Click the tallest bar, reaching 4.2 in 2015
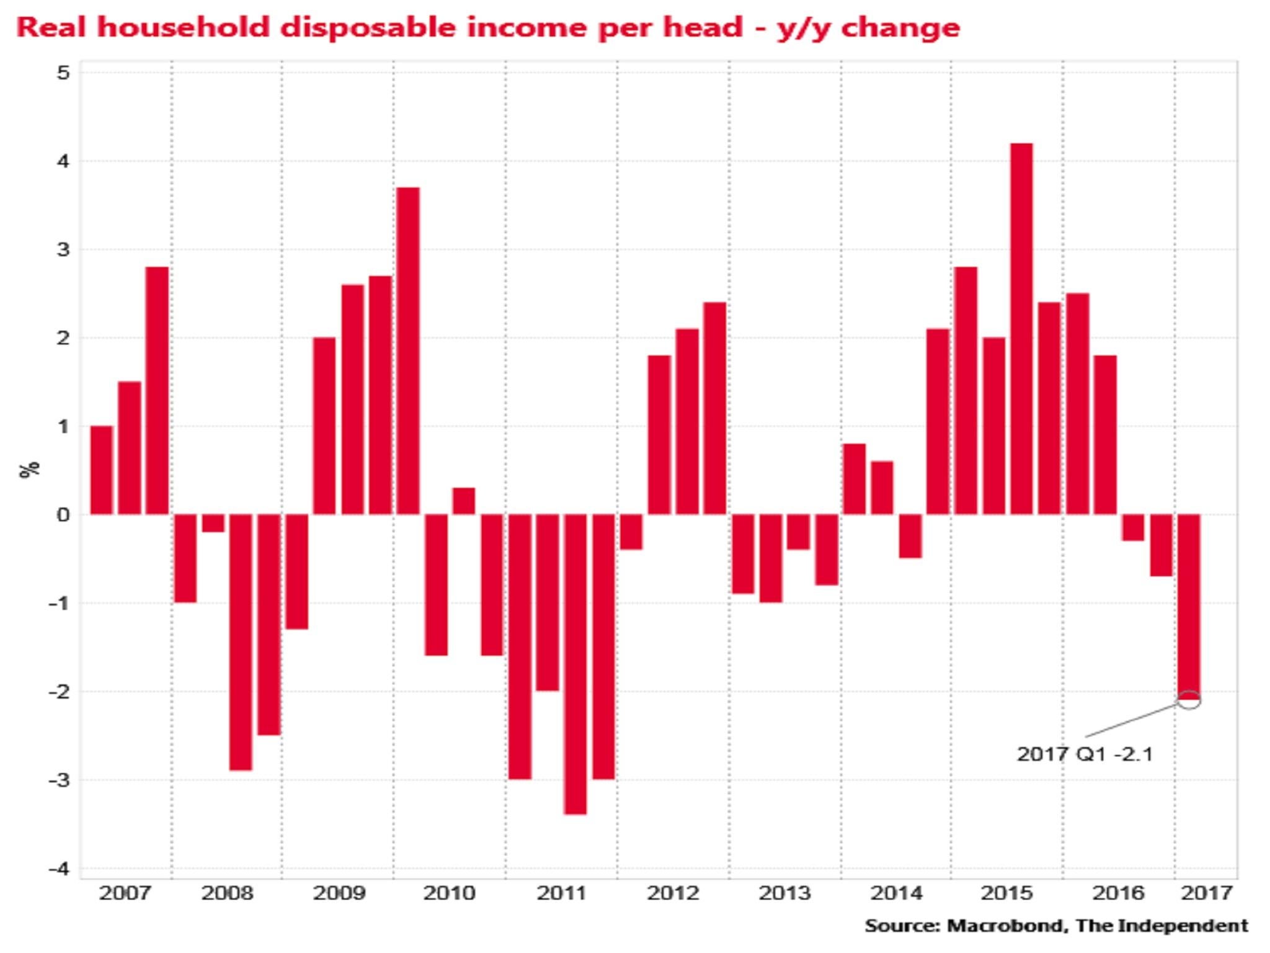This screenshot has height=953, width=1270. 1021,329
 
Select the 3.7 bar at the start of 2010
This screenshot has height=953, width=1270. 408,351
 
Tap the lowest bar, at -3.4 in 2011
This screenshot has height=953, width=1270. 575,664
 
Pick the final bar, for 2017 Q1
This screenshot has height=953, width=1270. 1189,605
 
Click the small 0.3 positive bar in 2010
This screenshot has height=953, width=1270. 464,501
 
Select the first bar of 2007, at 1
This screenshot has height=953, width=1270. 102,470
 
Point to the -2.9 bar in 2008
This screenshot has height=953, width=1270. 241,642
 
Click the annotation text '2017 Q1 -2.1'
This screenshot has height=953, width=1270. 1085,754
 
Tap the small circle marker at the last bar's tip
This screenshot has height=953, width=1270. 1189,700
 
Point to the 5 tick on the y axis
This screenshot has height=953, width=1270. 63,73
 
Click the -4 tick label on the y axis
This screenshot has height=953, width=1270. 58,869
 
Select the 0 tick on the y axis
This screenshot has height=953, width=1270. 63,515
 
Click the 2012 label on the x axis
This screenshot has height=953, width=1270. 673,893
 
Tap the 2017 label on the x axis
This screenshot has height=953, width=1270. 1206,893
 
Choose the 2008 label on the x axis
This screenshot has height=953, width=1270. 227,893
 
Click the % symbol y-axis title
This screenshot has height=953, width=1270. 30,470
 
